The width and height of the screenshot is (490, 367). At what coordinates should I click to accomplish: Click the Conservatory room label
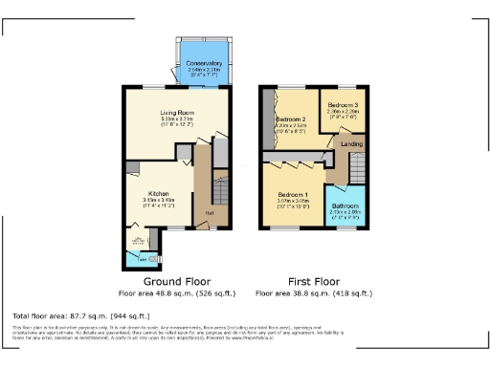[x=204, y=63]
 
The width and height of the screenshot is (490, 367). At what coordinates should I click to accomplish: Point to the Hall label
[x=209, y=213]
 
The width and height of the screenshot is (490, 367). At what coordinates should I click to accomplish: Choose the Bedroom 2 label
[x=292, y=118]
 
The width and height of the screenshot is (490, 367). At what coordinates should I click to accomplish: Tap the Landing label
[x=352, y=144]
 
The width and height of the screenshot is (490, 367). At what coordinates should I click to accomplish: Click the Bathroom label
[x=345, y=205]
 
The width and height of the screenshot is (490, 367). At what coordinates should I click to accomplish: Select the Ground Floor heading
[x=176, y=282]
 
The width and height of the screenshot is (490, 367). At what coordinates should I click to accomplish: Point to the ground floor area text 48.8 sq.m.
[x=176, y=293]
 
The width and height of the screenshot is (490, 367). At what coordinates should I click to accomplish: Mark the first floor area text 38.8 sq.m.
[x=314, y=293]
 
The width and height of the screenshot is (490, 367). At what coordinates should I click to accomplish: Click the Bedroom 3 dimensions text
[x=343, y=114]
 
